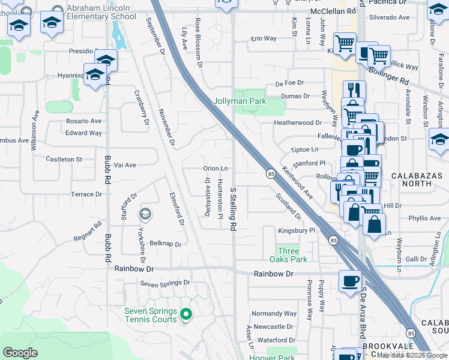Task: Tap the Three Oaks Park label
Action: pyautogui.click(x=292, y=255)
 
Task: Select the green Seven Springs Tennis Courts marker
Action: pyautogui.click(x=186, y=313)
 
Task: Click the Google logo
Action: pyautogui.click(x=20, y=353)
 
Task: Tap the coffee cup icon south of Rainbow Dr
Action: pyautogui.click(x=350, y=281)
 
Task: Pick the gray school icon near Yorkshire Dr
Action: pyautogui.click(x=145, y=214)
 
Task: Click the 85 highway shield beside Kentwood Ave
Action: pyautogui.click(x=271, y=174)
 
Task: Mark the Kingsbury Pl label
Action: pyautogui.click(x=297, y=230)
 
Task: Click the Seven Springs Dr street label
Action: pyautogui.click(x=165, y=283)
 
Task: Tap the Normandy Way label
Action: pyautogui.click(x=274, y=313)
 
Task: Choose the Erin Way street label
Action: pyautogui.click(x=264, y=38)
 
